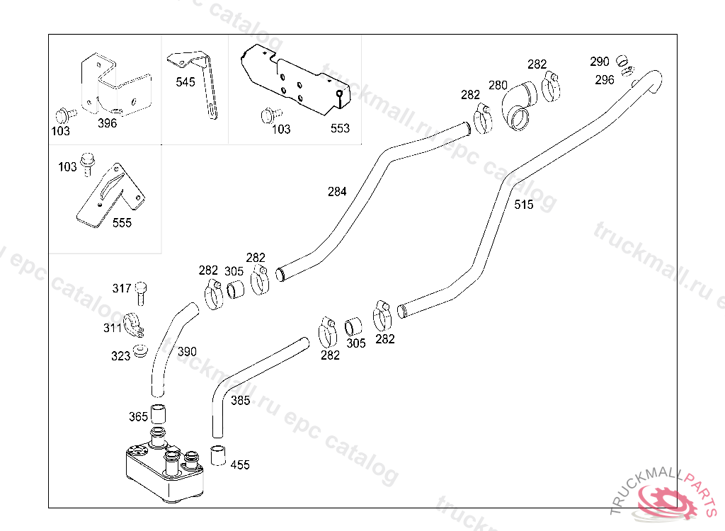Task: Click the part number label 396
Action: pyautogui.click(x=108, y=123)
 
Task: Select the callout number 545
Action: pyautogui.click(x=185, y=82)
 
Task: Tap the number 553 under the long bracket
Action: pyautogui.click(x=340, y=128)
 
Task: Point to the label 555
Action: pyautogui.click(x=122, y=223)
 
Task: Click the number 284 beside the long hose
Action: pyautogui.click(x=337, y=191)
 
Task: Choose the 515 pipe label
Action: pyautogui.click(x=524, y=205)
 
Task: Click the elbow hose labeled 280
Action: pyautogui.click(x=520, y=106)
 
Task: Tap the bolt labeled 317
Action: pyautogui.click(x=141, y=294)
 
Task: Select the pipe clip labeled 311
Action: pyautogui.click(x=134, y=325)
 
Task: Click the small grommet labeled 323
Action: pyautogui.click(x=140, y=350)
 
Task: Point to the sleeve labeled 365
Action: pyautogui.click(x=158, y=413)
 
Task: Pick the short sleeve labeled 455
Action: pyautogui.click(x=218, y=456)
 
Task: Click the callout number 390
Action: pyautogui.click(x=187, y=352)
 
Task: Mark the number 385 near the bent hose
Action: pyautogui.click(x=241, y=401)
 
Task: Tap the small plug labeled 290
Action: pyautogui.click(x=623, y=60)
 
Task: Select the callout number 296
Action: pyautogui.click(x=605, y=80)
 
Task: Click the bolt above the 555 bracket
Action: pyautogui.click(x=87, y=164)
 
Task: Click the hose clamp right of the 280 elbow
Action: pyautogui.click(x=551, y=86)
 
